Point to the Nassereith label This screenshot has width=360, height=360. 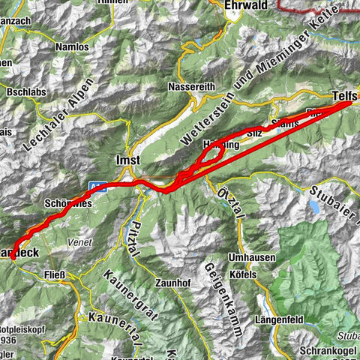coord(193,84)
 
